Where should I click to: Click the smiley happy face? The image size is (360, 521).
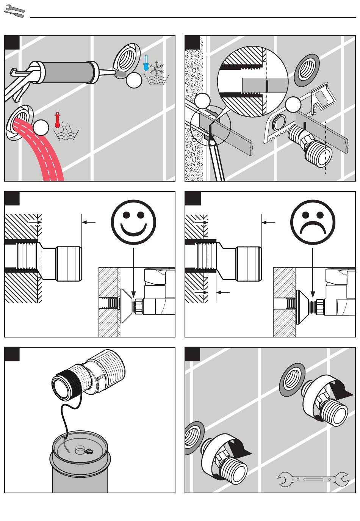(133, 222)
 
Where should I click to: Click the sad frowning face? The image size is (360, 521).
(313, 222)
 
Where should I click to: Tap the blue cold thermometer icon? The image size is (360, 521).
(146, 63)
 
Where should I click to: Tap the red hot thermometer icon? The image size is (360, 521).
(57, 120)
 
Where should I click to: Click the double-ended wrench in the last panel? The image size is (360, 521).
(313, 479)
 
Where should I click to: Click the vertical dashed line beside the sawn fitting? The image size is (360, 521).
(326, 148)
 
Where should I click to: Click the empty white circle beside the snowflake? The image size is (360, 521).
(134, 80)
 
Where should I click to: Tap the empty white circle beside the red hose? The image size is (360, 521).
(41, 127)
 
